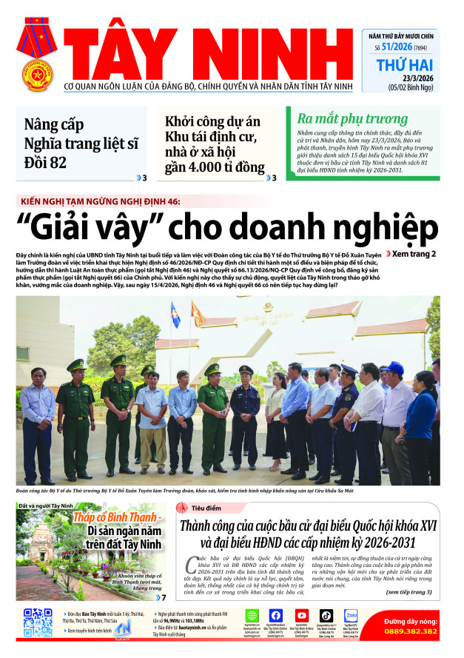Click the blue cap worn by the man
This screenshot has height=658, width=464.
(x=391, y=366)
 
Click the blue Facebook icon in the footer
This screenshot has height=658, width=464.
(x=276, y=615)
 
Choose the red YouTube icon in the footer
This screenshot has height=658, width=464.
(x=301, y=615)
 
